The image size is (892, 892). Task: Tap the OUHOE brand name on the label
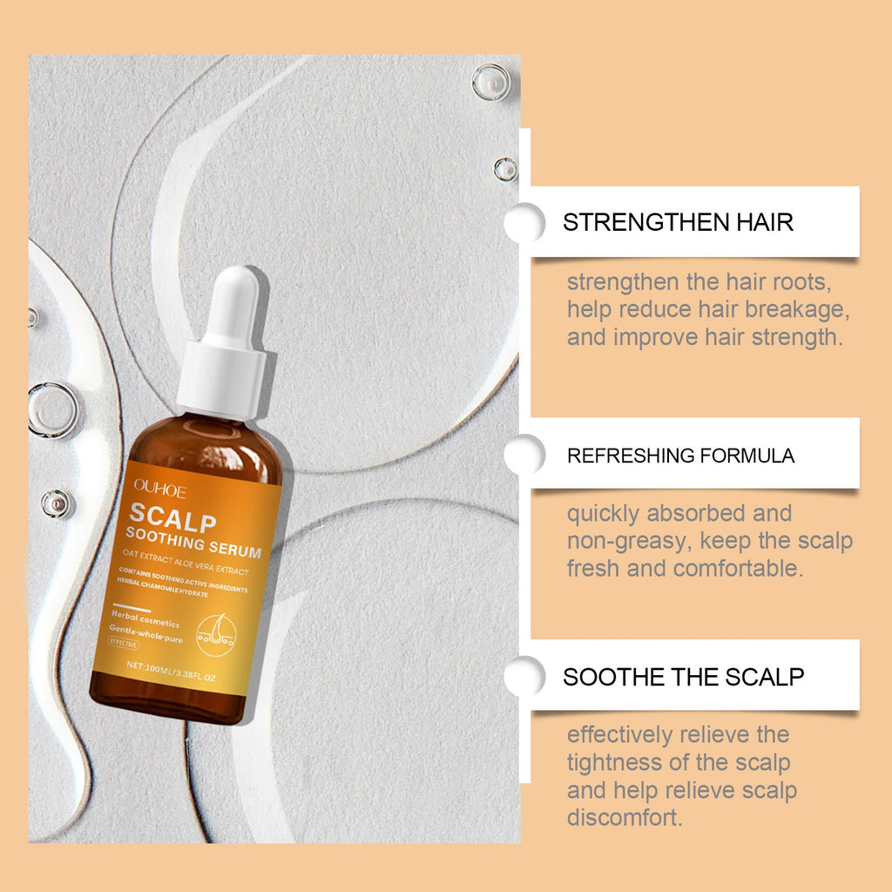tap(160, 489)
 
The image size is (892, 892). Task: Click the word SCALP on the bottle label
tap(173, 518)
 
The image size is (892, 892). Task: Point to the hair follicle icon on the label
tap(216, 635)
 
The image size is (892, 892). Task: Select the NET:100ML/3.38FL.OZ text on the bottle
tap(172, 672)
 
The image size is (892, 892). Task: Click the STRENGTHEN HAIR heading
tap(678, 222)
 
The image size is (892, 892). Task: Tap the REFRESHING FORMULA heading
tap(680, 456)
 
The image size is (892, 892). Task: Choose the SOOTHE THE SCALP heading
tap(683, 677)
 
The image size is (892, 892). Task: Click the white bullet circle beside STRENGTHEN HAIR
tap(524, 222)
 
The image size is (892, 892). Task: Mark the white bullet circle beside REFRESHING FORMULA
tap(524, 455)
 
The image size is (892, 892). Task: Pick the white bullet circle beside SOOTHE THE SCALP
tap(524, 676)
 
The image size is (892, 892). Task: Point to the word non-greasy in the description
tap(630, 542)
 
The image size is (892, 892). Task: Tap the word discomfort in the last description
tap(625, 818)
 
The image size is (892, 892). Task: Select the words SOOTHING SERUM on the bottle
tap(193, 543)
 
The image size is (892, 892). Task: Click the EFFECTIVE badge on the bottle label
tap(124, 644)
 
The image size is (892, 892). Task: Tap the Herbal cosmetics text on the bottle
tap(145, 619)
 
